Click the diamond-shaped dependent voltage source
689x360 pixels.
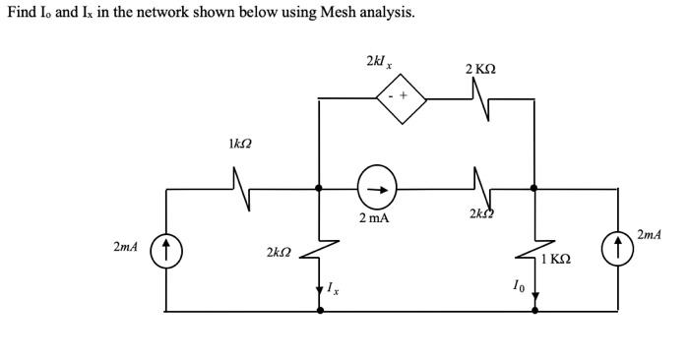pyautogui.click(x=399, y=97)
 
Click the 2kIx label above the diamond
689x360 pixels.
pyautogui.click(x=379, y=62)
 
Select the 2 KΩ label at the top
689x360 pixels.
pyautogui.click(x=480, y=69)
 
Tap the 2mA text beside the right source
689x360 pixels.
pyautogui.click(x=650, y=234)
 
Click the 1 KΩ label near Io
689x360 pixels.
pyautogui.click(x=556, y=259)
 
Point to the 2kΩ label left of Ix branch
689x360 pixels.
pyautogui.click(x=279, y=254)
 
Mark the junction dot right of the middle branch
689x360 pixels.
pyautogui.click(x=533, y=187)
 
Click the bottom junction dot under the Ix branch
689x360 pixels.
pyautogui.click(x=319, y=311)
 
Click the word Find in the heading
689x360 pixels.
pyautogui.click(x=22, y=13)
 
